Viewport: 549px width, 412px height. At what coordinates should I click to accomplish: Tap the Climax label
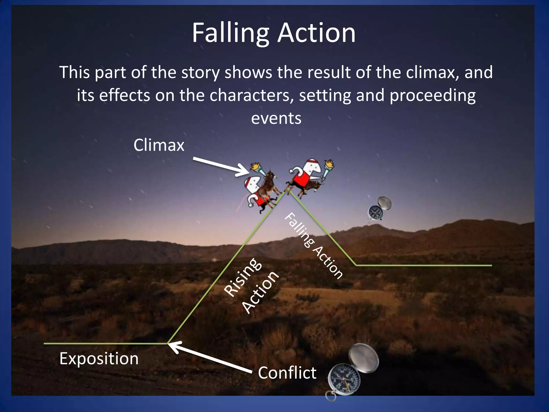[159, 145]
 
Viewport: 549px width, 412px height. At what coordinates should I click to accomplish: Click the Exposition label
[99, 359]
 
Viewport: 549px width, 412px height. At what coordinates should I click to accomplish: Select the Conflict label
[287, 373]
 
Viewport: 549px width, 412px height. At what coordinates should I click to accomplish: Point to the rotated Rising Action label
[251, 286]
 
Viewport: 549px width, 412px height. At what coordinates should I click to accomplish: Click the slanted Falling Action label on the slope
[313, 246]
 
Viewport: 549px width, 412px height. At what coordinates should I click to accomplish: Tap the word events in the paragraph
[276, 118]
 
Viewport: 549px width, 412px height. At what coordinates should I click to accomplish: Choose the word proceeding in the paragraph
[432, 95]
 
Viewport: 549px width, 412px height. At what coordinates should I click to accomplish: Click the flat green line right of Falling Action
[424, 265]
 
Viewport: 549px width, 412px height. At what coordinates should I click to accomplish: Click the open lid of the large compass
[364, 358]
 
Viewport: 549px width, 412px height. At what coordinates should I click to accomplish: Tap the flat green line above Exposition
[105, 343]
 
